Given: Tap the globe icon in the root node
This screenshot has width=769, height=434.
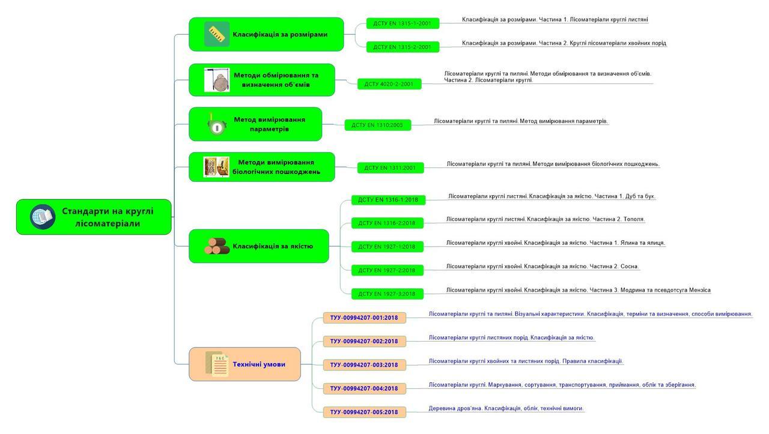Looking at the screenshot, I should coord(43,217).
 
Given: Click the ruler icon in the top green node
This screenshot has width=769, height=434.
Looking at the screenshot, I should coord(217,34).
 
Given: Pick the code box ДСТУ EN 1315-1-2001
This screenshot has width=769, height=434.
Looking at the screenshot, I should coord(403,23).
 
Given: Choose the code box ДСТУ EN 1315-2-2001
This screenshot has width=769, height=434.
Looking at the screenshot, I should coord(403,47).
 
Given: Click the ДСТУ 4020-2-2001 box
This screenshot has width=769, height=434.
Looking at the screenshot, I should coord(389,84).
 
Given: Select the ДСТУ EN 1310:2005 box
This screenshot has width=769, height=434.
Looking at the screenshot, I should coord(377,125).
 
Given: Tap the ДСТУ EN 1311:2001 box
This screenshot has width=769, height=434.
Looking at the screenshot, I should coord(390,167).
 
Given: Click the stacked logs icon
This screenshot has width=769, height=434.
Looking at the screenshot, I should coord(216,246).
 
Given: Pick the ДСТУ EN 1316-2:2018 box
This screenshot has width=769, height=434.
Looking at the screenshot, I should coord(387,223).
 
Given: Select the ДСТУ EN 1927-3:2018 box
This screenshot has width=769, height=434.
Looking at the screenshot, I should coord(387,294).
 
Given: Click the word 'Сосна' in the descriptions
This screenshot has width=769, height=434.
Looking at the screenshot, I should coord(628,266).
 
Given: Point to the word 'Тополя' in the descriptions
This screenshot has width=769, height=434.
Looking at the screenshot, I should coord(633,219).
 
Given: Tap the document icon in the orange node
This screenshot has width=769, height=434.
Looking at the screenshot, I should coord(217,364).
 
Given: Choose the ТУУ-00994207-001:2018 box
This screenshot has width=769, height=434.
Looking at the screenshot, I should coord(364,318).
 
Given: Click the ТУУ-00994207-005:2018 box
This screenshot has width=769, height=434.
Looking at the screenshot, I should coord(364,412).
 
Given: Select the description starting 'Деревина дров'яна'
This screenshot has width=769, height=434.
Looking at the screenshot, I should coord(506,408).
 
